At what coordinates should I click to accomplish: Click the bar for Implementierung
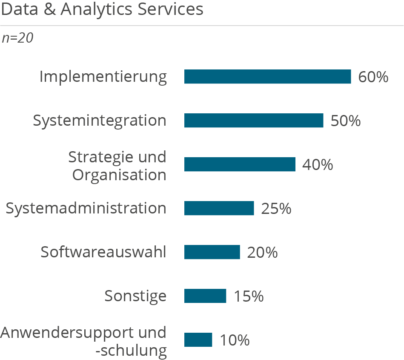click(x=267, y=77)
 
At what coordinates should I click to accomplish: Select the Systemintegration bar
click(x=254, y=121)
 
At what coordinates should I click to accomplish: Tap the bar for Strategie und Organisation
click(x=240, y=164)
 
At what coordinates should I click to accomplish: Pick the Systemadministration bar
click(x=219, y=208)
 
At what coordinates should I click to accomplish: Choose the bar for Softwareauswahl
click(x=212, y=252)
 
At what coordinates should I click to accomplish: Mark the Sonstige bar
click(x=205, y=296)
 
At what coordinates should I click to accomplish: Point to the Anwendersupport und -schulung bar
click(x=198, y=340)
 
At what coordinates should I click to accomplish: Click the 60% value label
click(x=373, y=77)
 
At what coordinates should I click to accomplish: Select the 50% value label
click(x=346, y=121)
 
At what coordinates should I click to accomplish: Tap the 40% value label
click(x=318, y=165)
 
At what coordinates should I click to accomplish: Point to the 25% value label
click(x=276, y=209)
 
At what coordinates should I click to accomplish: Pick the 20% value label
click(x=262, y=253)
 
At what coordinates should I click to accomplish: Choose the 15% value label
click(x=249, y=296)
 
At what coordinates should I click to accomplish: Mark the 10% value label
click(x=235, y=340)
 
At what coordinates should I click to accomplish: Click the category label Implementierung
click(x=103, y=77)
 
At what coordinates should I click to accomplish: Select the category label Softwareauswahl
click(x=103, y=252)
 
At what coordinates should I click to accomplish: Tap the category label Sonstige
click(x=135, y=296)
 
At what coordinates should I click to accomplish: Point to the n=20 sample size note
click(x=17, y=38)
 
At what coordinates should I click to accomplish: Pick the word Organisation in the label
click(x=119, y=175)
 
